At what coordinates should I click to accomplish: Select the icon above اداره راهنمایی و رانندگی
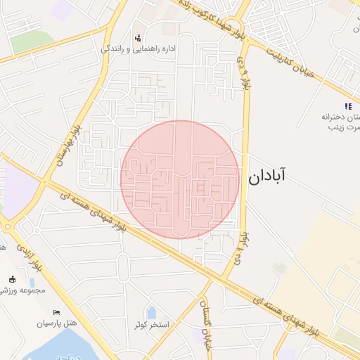pos(138,37)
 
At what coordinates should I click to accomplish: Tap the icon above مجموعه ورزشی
pos(12,279)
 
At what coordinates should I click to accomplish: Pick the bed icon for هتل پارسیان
pos(57,312)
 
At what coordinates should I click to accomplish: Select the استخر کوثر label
pos(149,324)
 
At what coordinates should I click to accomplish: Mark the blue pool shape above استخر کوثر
pos(151,311)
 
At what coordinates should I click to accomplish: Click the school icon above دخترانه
pos(347,105)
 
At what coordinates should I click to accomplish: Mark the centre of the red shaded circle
pos(180,179)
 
